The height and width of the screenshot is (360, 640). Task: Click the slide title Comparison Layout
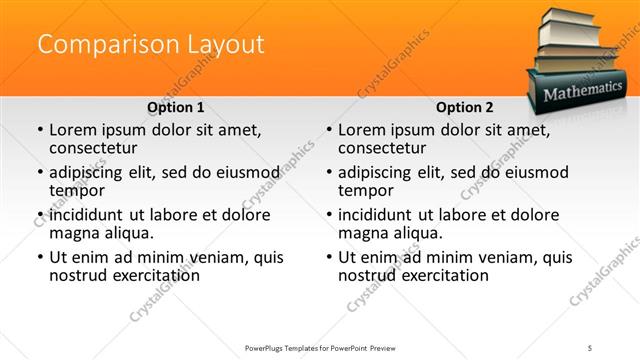pyautogui.click(x=151, y=45)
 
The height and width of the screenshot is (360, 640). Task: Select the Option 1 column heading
pyautogui.click(x=175, y=107)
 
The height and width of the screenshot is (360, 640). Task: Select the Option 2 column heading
pyautogui.click(x=465, y=107)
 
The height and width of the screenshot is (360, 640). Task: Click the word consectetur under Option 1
pyautogui.click(x=92, y=148)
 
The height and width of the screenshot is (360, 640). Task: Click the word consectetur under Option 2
pyautogui.click(x=381, y=148)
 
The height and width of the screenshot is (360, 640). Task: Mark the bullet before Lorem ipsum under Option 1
pyautogui.click(x=39, y=131)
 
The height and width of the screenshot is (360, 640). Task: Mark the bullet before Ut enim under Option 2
pyautogui.click(x=329, y=258)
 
